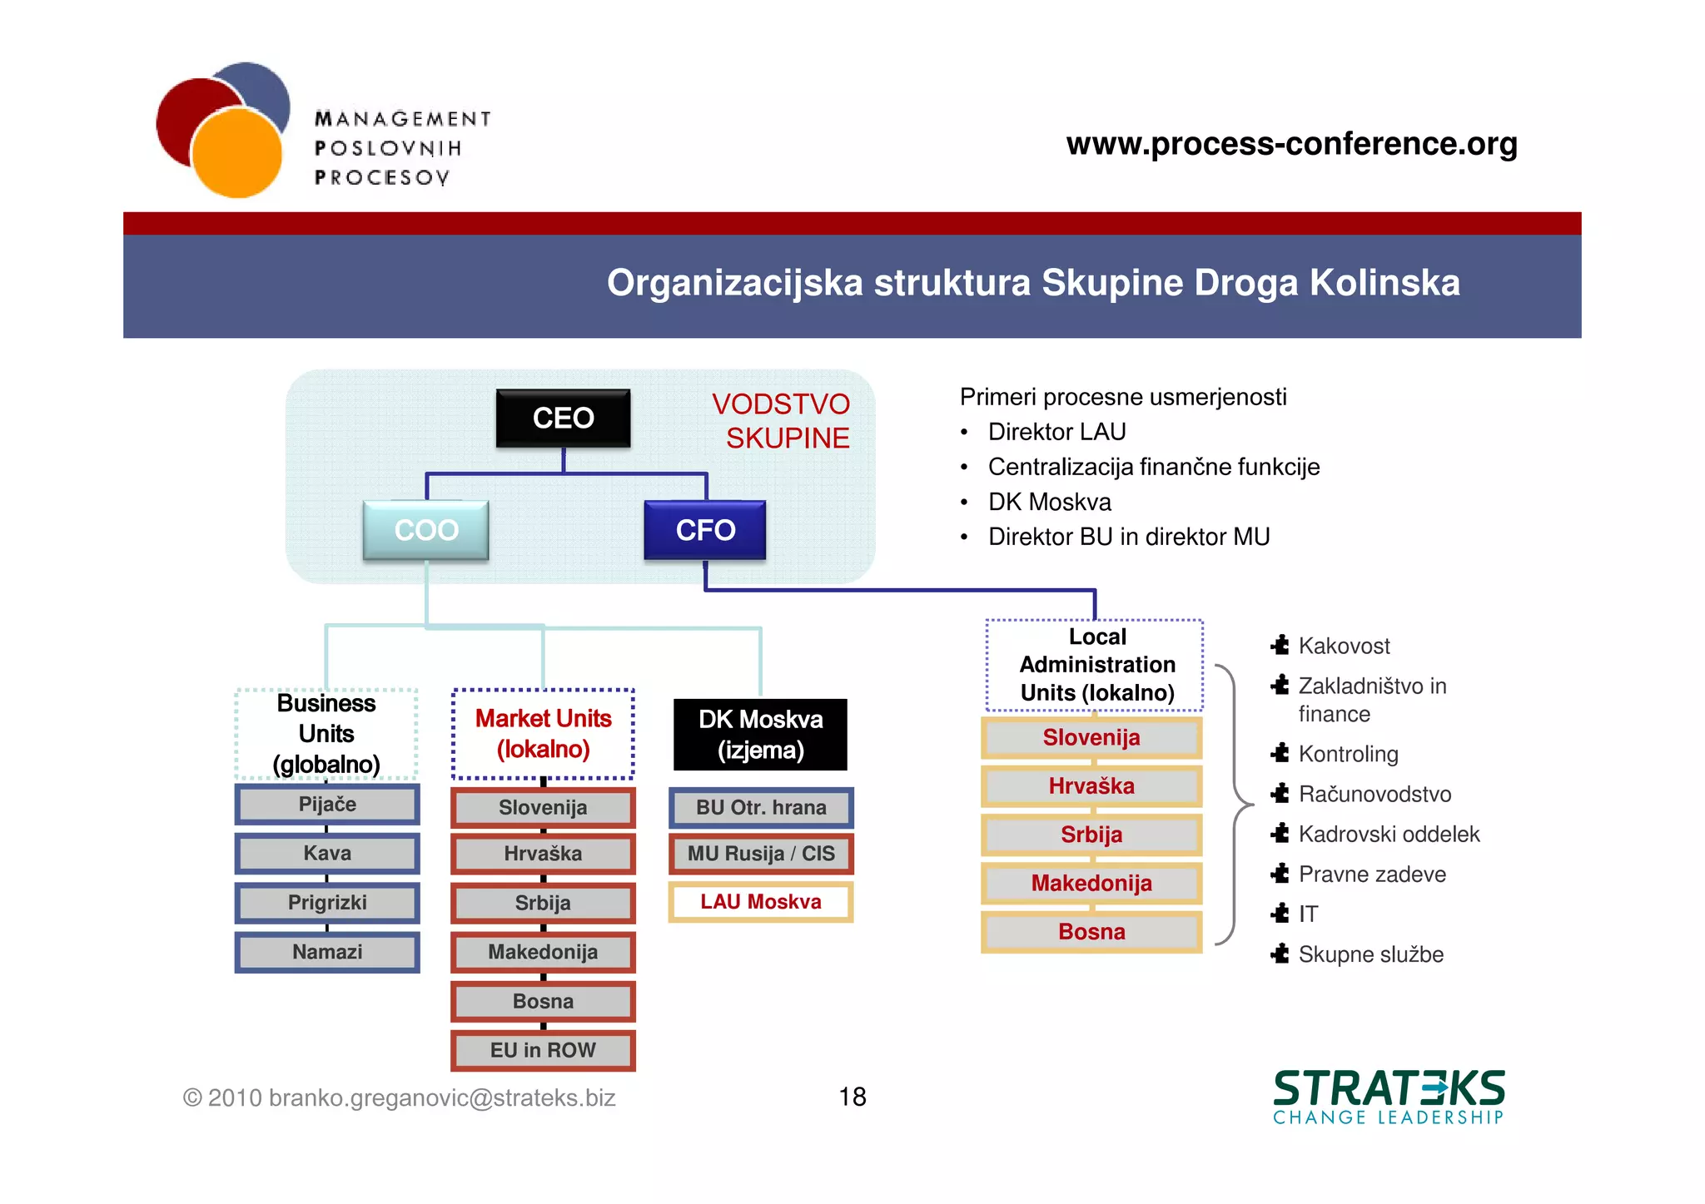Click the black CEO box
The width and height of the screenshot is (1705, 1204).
click(563, 418)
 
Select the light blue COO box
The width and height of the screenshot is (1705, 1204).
click(425, 530)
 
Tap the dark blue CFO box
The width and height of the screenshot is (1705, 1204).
click(705, 530)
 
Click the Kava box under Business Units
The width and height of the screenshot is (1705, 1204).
click(327, 854)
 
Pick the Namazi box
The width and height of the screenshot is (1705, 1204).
click(327, 952)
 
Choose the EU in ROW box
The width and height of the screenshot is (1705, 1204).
click(543, 1050)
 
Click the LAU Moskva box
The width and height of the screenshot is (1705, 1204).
click(761, 902)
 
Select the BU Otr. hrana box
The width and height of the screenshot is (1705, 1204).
click(761, 808)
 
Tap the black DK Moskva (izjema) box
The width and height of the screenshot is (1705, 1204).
click(760, 735)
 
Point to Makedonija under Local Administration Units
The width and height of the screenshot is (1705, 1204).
click(1091, 883)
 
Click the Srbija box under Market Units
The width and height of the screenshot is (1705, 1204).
click(543, 903)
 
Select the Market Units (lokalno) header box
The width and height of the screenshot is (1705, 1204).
click(543, 734)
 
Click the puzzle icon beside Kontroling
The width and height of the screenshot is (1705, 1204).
click(1280, 753)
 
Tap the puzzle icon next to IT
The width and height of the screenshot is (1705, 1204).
click(1280, 914)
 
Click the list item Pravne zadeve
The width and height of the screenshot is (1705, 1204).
click(1372, 875)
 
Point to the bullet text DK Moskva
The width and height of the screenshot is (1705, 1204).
click(1049, 502)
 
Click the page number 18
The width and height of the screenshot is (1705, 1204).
click(852, 1097)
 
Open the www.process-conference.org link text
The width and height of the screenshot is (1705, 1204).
click(1291, 144)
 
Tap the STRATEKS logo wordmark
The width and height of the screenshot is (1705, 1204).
click(1389, 1089)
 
